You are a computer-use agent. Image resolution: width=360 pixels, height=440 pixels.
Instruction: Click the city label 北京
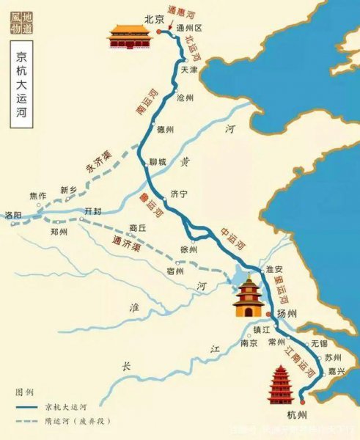152,21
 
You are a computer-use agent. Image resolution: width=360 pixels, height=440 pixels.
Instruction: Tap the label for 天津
188,70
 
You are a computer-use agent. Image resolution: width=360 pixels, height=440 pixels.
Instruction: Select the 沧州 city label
185,97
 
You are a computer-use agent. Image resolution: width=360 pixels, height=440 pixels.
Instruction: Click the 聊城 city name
158,161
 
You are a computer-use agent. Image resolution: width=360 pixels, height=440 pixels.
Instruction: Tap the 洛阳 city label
12,215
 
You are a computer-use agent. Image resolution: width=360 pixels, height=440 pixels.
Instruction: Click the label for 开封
94,210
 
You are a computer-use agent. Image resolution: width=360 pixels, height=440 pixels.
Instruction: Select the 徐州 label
188,249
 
